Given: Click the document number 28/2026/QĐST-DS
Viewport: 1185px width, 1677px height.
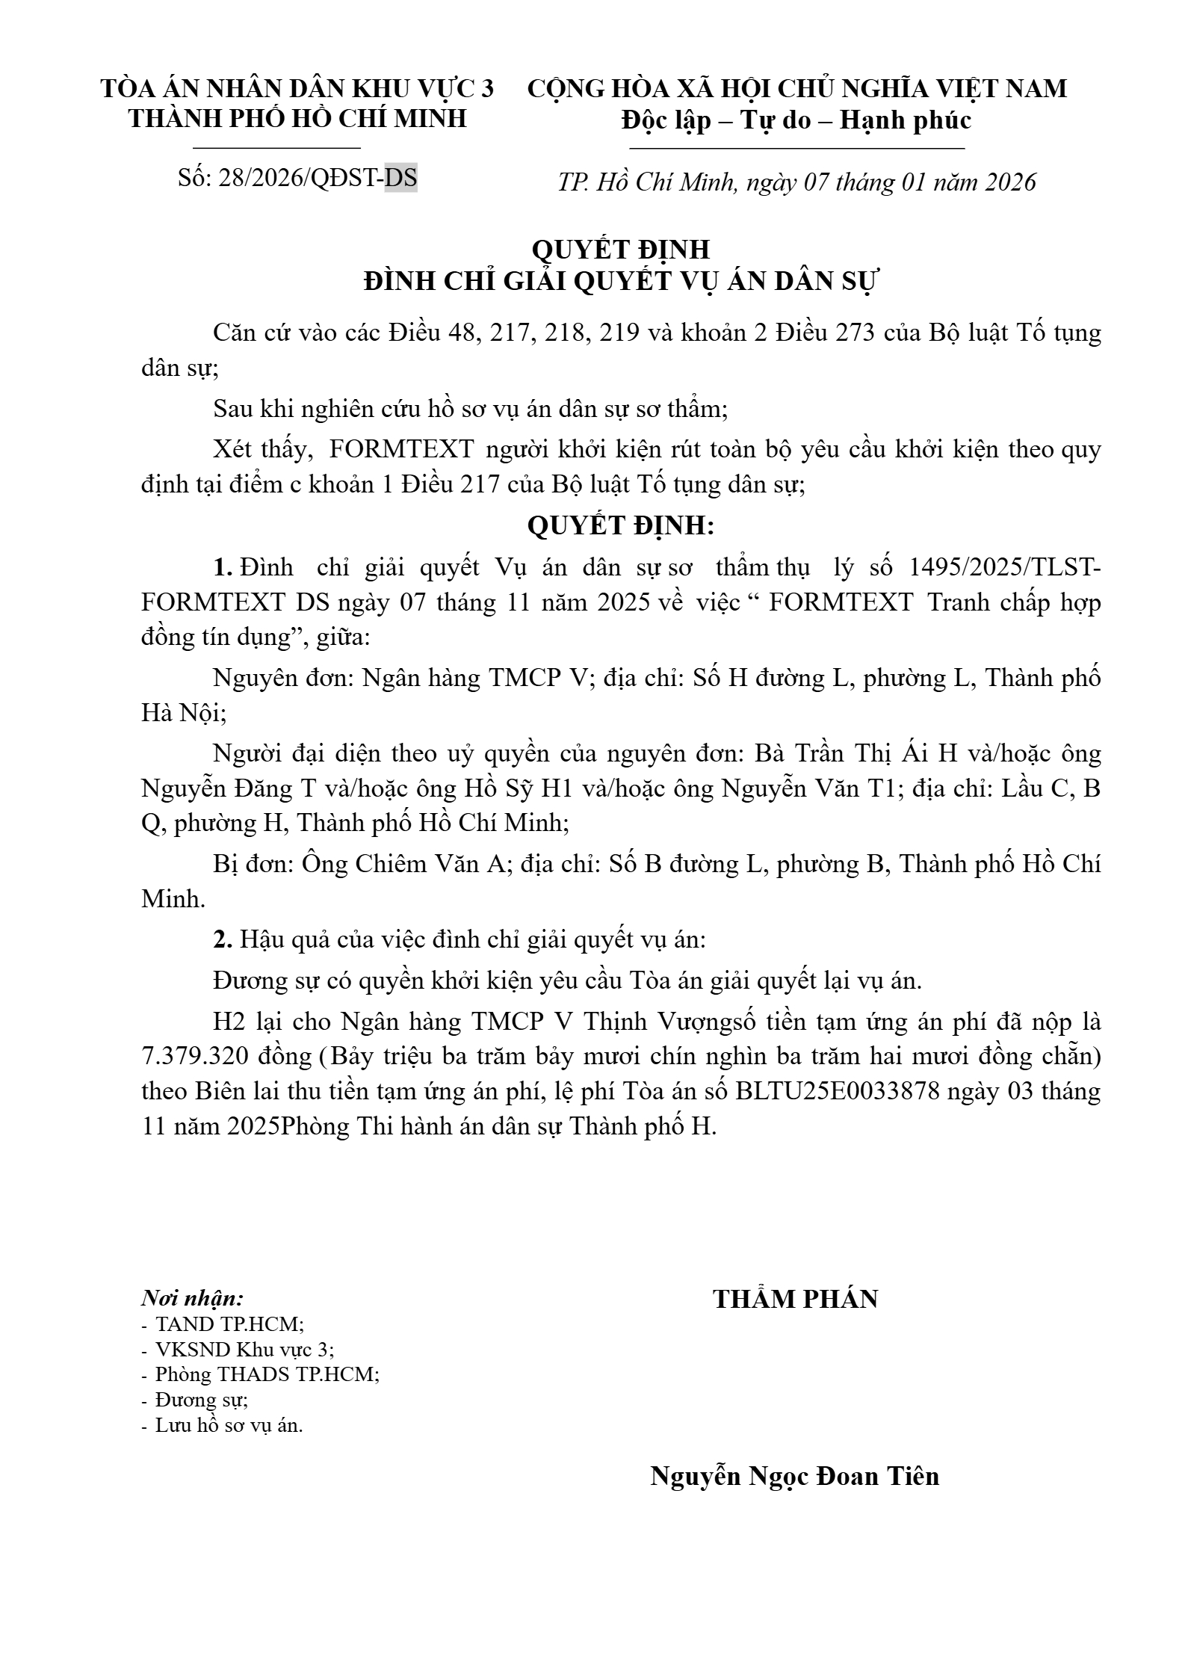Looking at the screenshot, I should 318,179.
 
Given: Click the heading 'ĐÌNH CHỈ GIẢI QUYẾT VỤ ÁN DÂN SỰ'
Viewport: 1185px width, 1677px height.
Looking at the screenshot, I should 622,282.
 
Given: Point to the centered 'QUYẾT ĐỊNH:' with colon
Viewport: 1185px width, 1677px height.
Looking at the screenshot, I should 621,526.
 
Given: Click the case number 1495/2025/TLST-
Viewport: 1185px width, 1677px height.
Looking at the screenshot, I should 1004,568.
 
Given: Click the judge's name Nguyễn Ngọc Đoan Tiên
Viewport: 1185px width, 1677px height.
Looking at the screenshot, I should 794,1476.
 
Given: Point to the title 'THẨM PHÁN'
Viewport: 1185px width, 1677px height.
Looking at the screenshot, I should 795,1299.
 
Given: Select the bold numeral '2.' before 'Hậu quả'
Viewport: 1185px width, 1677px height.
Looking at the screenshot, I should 223,940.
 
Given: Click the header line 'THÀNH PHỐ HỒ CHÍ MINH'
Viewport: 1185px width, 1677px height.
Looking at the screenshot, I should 297,119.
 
